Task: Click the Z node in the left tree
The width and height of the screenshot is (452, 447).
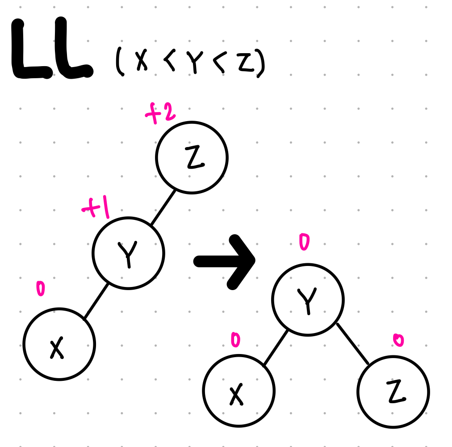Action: pyautogui.click(x=192, y=157)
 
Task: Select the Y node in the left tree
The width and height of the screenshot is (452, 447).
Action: pyautogui.click(x=129, y=253)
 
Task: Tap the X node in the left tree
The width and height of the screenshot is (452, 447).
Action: pyautogui.click(x=59, y=344)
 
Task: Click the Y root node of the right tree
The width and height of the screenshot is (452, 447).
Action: pyautogui.click(x=308, y=299)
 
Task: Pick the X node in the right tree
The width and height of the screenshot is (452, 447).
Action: pyautogui.click(x=239, y=391)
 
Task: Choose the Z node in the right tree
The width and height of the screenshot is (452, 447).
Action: pyautogui.click(x=393, y=392)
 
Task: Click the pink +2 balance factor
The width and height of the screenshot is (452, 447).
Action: pyautogui.click(x=160, y=114)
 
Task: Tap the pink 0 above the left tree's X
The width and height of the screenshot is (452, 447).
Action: pyautogui.click(x=41, y=289)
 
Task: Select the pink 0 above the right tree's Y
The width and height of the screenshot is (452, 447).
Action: pyautogui.click(x=304, y=242)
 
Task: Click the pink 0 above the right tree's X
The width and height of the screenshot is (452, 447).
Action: pyautogui.click(x=235, y=340)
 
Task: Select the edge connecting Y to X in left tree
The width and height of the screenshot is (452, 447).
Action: pyautogui.click(x=96, y=301)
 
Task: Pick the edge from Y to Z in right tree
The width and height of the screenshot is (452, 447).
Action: pyautogui.click(x=353, y=343)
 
